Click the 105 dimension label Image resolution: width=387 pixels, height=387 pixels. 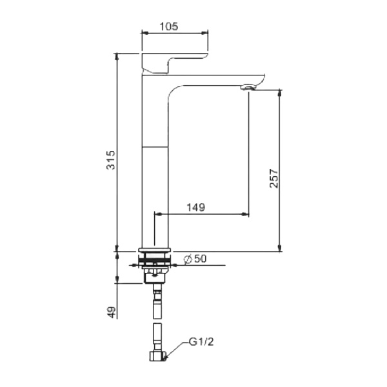(169, 26)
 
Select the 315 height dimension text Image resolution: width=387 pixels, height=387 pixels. (111, 160)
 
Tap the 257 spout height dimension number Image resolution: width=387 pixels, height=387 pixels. (273, 179)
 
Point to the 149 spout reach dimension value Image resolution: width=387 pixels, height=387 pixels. (195, 207)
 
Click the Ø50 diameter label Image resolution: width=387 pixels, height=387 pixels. (195, 259)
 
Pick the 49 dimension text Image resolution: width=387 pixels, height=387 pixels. (112, 312)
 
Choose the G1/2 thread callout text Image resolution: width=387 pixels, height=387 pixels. (201, 342)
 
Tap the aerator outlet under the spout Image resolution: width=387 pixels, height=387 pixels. (248, 87)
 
